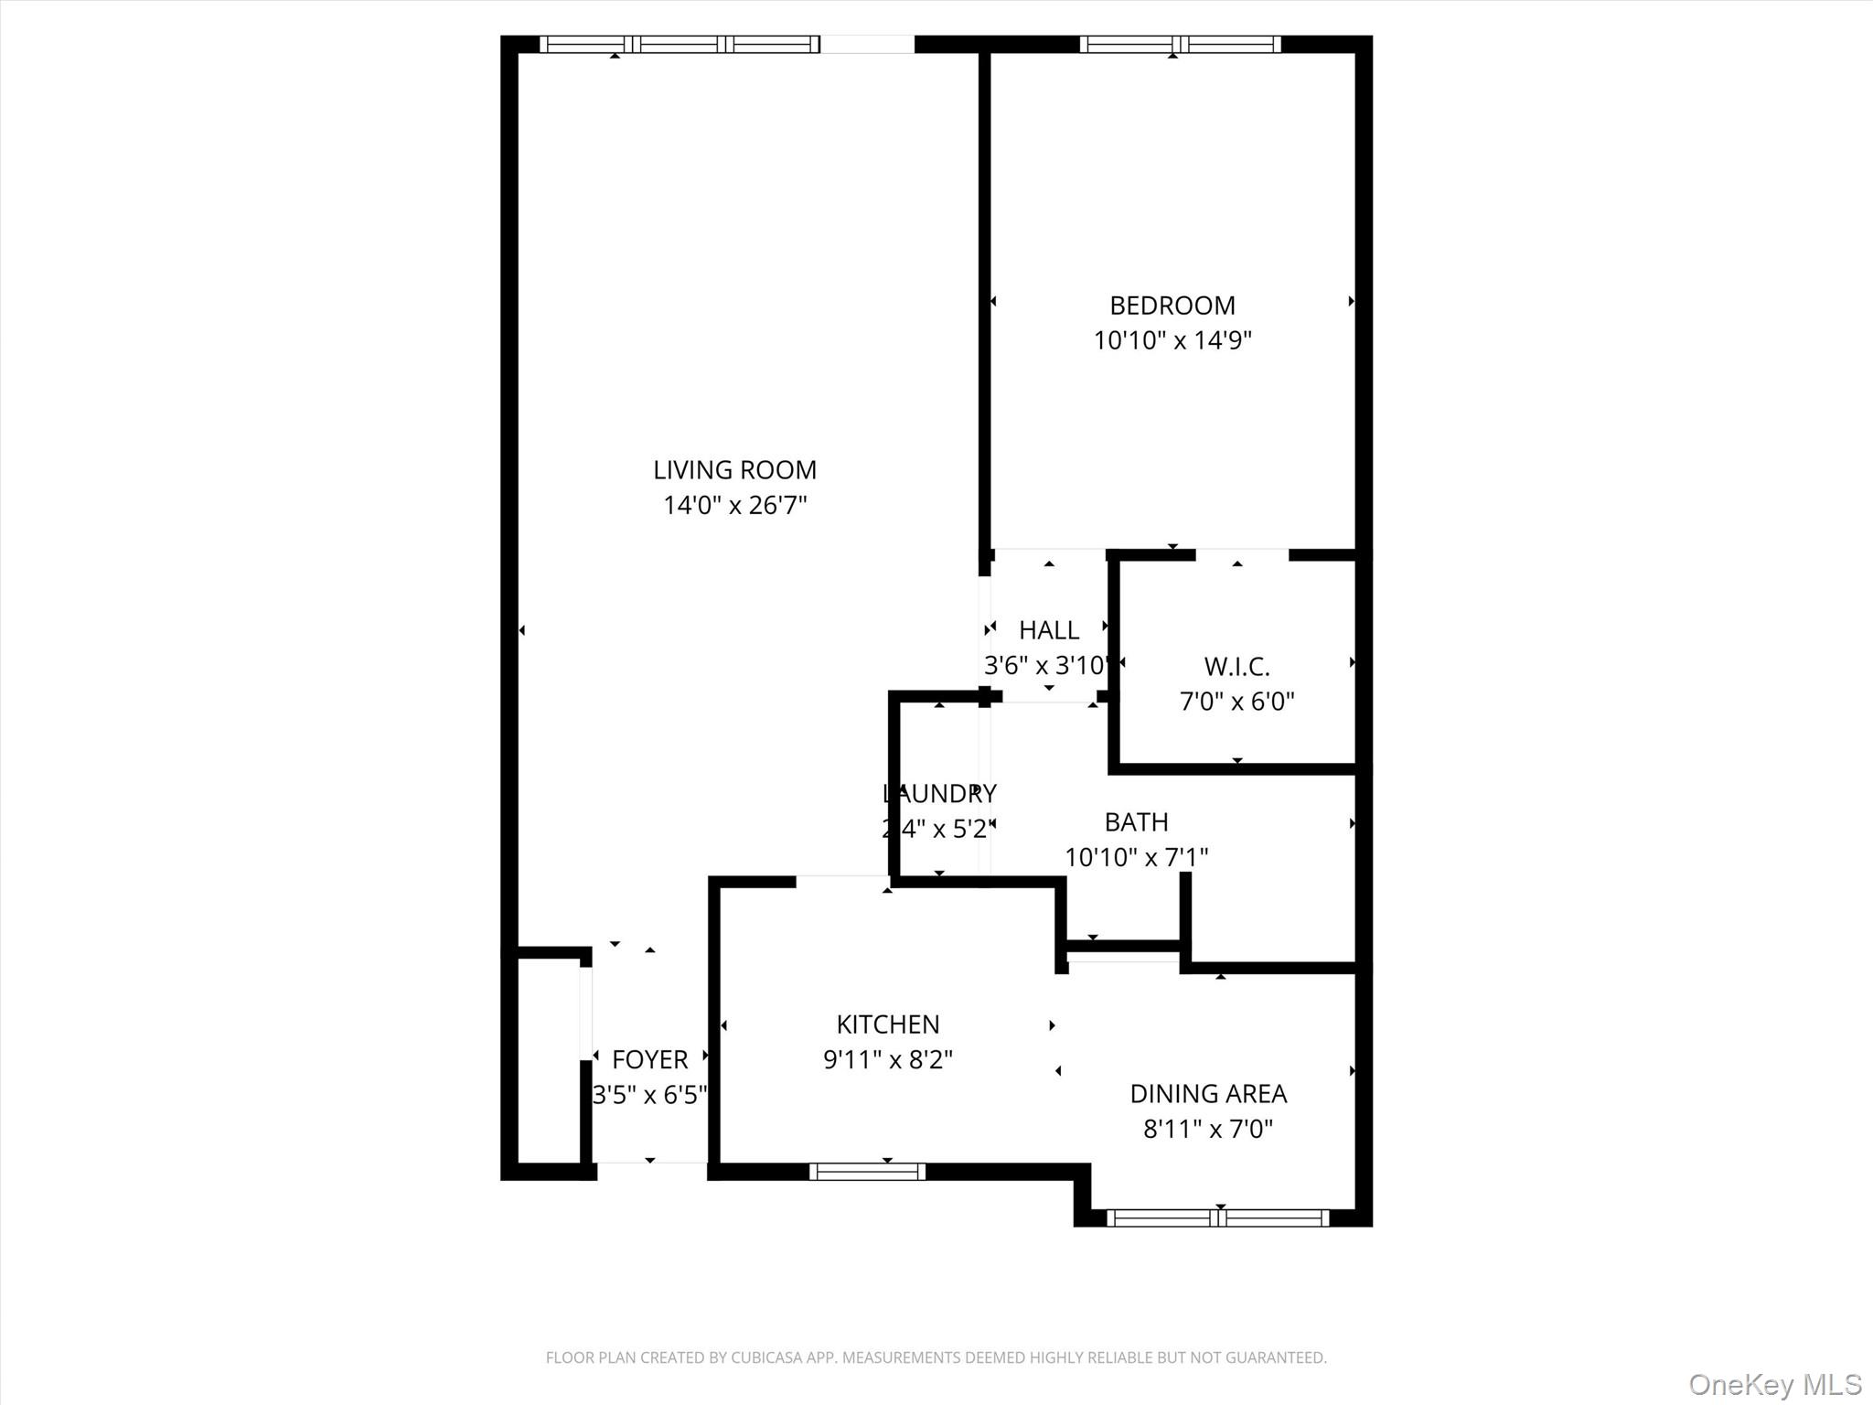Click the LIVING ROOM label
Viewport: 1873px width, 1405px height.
(734, 470)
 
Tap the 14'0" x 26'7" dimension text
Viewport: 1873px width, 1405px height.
(734, 505)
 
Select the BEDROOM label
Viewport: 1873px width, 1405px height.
(1172, 306)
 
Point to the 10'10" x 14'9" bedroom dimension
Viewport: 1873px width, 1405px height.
(1172, 340)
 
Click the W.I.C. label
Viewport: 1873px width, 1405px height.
(1236, 667)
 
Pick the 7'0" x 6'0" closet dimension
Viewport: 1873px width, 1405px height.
(1236, 702)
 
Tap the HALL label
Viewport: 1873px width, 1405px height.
(1049, 630)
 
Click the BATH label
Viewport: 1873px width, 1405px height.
(1136, 822)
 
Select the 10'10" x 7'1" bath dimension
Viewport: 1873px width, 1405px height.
(1136, 857)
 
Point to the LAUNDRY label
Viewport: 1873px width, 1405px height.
(939, 793)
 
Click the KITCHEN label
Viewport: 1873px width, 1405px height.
(887, 1024)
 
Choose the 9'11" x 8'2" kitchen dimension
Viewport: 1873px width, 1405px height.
(887, 1059)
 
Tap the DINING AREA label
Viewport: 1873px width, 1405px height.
(1208, 1094)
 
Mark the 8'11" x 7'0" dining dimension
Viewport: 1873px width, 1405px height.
(1208, 1129)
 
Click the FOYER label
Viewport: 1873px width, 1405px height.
(649, 1060)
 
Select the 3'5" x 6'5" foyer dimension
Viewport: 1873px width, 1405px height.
(649, 1095)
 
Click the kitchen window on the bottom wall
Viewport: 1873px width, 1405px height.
(867, 1172)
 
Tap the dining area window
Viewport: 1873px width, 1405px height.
(1217, 1217)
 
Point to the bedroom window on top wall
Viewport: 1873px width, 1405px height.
(1180, 44)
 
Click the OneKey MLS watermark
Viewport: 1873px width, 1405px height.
(1774, 1384)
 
